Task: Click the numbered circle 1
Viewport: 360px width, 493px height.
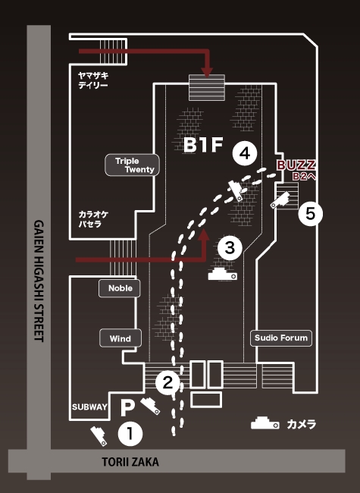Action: (x=130, y=434)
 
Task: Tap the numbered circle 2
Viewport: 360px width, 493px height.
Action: (x=167, y=382)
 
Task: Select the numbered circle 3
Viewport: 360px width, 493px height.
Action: (x=230, y=247)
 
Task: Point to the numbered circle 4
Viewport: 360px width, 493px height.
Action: (x=245, y=153)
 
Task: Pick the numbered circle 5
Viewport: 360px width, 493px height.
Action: (x=311, y=214)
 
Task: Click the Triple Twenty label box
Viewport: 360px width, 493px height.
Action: (x=132, y=165)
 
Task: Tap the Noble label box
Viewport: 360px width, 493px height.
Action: (x=120, y=288)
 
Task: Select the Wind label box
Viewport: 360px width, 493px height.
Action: (x=121, y=338)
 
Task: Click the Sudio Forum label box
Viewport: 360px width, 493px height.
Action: (x=281, y=338)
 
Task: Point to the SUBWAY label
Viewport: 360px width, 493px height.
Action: (x=89, y=407)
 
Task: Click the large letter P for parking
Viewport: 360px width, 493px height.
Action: (x=127, y=408)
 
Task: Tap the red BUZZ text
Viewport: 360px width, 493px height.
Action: (x=296, y=165)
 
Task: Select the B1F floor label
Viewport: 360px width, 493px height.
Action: (x=203, y=145)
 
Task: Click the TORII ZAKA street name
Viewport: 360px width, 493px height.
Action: (x=130, y=462)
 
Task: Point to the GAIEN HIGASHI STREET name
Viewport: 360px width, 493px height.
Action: (x=39, y=281)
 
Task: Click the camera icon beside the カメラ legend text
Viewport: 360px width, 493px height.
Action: (x=265, y=423)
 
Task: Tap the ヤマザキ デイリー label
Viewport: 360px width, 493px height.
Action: (x=93, y=80)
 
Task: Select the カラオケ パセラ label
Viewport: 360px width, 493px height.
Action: (x=93, y=219)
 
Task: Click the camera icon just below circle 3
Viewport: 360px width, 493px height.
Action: (x=222, y=274)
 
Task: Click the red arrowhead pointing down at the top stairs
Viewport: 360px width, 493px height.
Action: (x=206, y=72)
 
